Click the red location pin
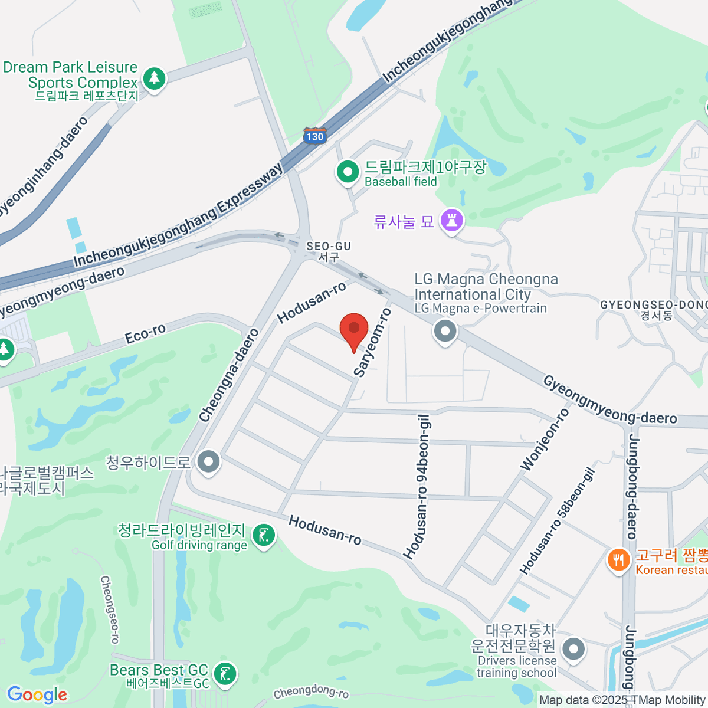(x=354, y=329)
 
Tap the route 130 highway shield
(x=314, y=136)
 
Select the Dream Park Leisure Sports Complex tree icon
(x=155, y=78)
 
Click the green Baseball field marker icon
(x=348, y=172)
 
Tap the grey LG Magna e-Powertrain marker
(x=445, y=331)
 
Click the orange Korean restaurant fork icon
(x=618, y=559)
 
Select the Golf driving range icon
(x=263, y=536)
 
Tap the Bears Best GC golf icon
(x=225, y=674)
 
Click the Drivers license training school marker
(x=573, y=650)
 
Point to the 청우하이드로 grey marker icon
(x=209, y=462)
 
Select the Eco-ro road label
(x=145, y=334)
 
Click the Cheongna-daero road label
(x=229, y=376)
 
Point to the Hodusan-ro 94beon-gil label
(x=417, y=487)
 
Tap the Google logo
(x=37, y=695)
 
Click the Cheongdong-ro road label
(x=311, y=692)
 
